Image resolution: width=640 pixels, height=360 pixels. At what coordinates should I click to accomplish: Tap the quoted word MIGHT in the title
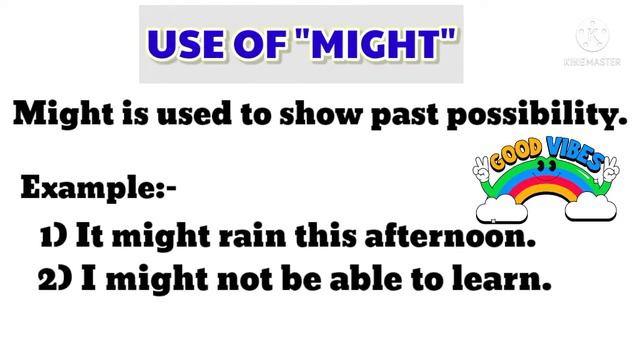(x=369, y=43)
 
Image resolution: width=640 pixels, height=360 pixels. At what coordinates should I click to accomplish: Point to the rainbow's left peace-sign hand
(x=483, y=169)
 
